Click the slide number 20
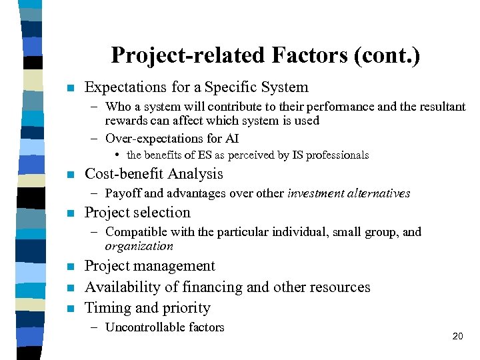tap(457, 336)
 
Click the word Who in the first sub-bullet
tap(119, 107)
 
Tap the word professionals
tap(337, 155)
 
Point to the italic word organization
tap(139, 246)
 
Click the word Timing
tap(105, 308)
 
